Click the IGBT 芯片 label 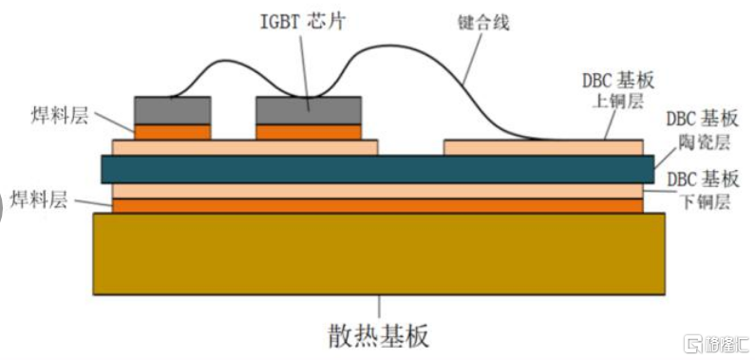(303, 22)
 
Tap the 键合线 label (483, 23)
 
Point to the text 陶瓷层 (708, 142)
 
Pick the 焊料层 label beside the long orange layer (40, 199)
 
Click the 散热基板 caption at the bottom (379, 335)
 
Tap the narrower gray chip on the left (173, 111)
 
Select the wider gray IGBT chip (309, 111)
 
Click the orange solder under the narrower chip (173, 132)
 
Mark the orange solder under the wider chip (309, 132)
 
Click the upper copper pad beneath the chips (245, 148)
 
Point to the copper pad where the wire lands (543, 148)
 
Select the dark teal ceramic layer (378, 169)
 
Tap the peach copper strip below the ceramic (378, 191)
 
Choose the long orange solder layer (378, 206)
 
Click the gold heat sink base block (379, 255)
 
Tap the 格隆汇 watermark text (727, 345)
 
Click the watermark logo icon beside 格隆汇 (694, 344)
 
